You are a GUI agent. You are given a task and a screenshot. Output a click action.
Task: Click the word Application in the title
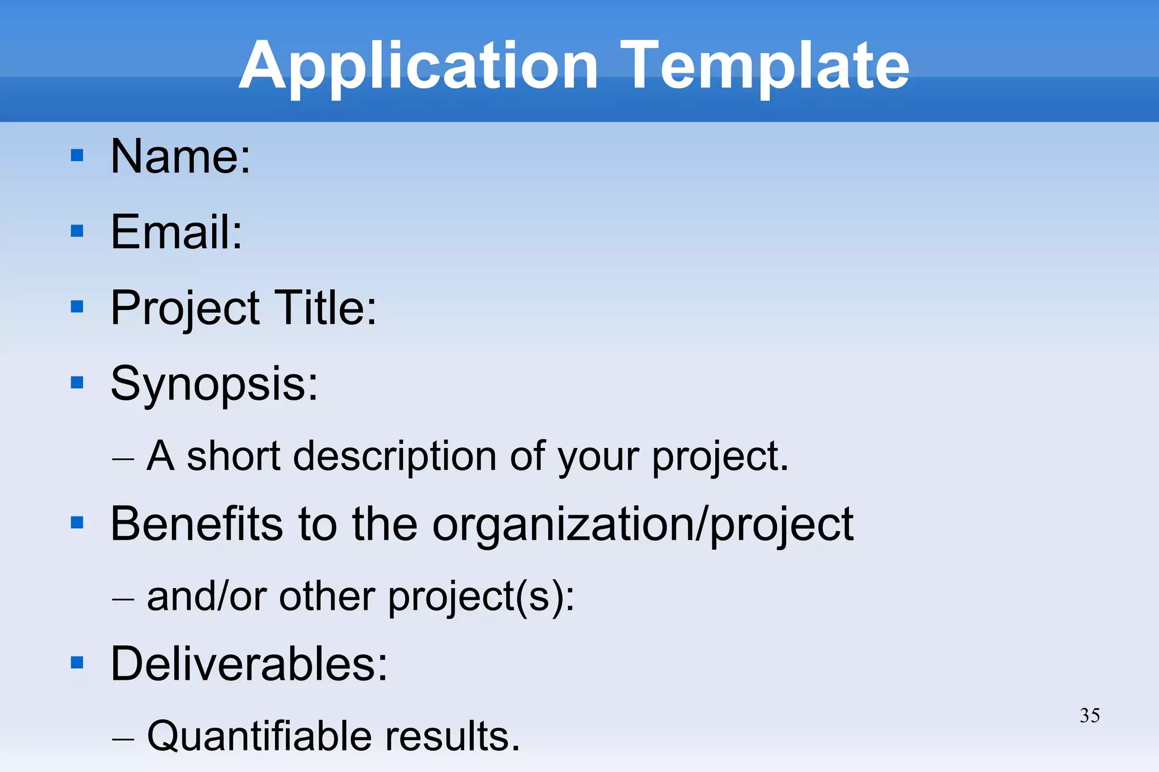(418, 67)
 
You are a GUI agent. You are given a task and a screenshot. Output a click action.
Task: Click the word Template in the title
(765, 67)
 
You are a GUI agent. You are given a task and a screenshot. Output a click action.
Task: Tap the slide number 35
(1089, 715)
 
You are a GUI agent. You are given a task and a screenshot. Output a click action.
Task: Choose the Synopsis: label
(214, 384)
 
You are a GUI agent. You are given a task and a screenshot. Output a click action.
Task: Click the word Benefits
(196, 524)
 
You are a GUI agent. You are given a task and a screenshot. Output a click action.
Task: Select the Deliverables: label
(249, 663)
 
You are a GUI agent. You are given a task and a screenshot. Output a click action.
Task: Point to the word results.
(453, 736)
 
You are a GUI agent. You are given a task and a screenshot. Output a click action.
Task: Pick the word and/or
(206, 597)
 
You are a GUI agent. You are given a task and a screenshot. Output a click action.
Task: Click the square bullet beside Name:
(77, 156)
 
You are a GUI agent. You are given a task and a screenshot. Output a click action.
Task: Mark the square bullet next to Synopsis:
(77, 383)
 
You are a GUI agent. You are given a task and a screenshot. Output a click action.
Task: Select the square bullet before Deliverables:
(77, 662)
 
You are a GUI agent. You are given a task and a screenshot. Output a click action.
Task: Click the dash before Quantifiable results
(123, 739)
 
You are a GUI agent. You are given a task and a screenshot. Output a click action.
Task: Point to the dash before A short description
(123, 458)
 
